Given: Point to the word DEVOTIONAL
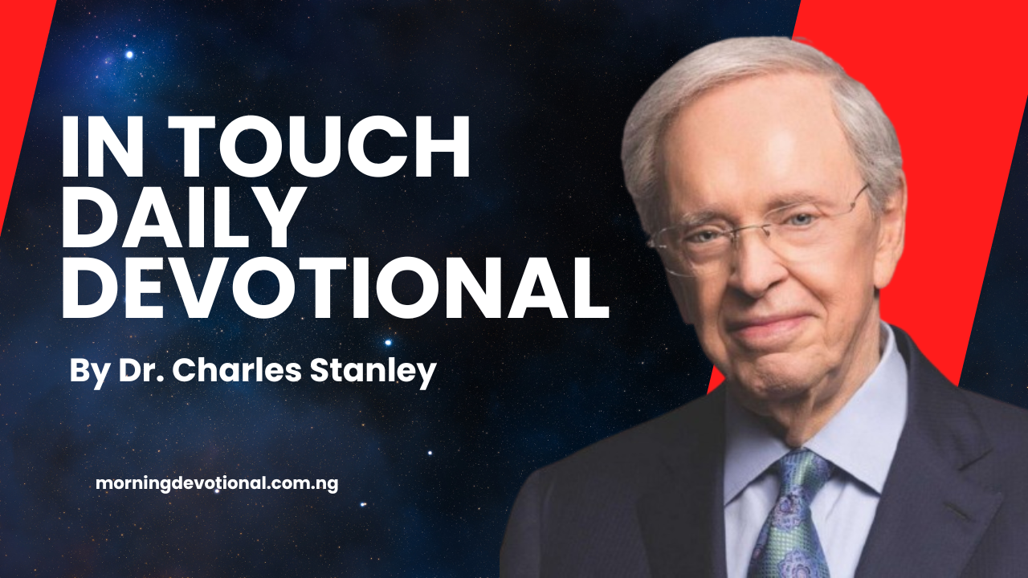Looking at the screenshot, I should click(334, 287).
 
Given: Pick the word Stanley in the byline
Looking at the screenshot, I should click(385, 372).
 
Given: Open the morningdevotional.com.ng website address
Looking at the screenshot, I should click(217, 484).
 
